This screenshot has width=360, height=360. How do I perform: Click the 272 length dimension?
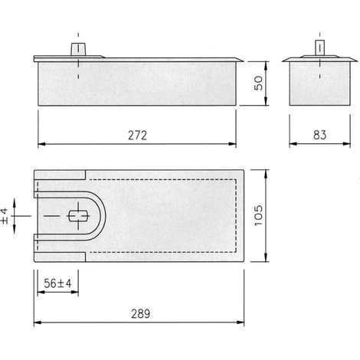pos(137,136)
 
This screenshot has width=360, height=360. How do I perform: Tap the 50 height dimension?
pos(258,83)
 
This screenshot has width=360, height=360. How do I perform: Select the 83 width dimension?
pos(319,135)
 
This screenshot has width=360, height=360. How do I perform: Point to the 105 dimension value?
pos(258,215)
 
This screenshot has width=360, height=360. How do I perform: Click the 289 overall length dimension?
pos(141,314)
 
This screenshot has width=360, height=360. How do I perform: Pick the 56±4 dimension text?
pos(57,283)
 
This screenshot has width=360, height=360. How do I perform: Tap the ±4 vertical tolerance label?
pos(5,216)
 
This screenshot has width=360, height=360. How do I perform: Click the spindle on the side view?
pos(78,49)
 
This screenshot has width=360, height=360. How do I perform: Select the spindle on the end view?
pos(319,47)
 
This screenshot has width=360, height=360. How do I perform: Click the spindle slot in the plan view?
pos(78,216)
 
